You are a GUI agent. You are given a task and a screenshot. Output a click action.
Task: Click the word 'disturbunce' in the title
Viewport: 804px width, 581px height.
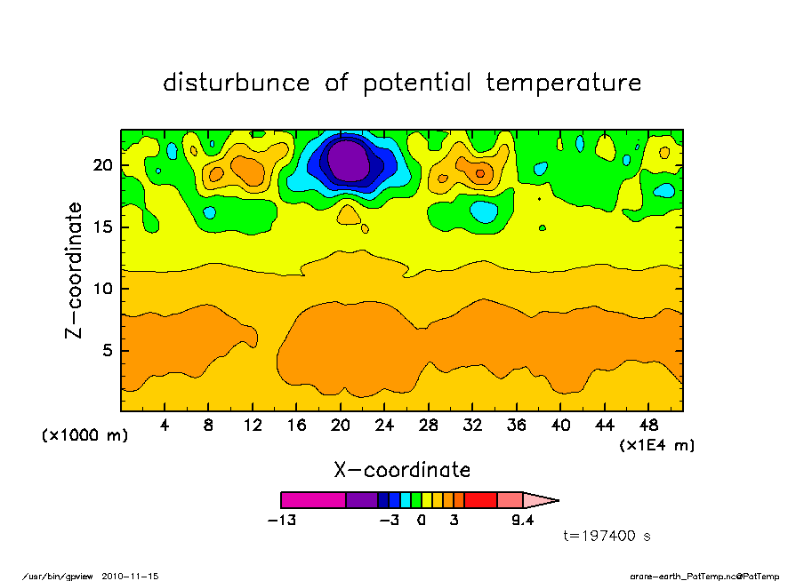click(237, 83)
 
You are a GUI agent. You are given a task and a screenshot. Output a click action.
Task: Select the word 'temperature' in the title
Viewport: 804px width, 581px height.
click(563, 83)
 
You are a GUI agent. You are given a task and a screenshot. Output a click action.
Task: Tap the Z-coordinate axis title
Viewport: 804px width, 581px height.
click(74, 270)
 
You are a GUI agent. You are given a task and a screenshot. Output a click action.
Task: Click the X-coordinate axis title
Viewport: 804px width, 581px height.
click(402, 470)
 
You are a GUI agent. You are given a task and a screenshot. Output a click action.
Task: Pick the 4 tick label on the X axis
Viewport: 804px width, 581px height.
click(165, 426)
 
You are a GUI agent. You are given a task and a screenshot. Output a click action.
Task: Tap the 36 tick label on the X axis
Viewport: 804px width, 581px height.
click(516, 426)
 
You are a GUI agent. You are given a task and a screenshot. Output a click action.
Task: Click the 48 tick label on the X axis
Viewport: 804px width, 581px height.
click(647, 426)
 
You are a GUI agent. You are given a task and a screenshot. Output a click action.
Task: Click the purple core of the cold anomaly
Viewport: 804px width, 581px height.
click(348, 162)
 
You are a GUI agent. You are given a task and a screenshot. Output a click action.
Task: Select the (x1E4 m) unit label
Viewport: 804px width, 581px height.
click(656, 444)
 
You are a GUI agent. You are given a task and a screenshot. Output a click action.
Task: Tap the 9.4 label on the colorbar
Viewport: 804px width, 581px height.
click(522, 521)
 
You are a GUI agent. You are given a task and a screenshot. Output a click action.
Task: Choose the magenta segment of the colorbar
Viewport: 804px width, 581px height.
click(313, 500)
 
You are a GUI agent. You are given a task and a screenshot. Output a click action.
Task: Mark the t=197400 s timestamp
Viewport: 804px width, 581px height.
click(607, 536)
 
